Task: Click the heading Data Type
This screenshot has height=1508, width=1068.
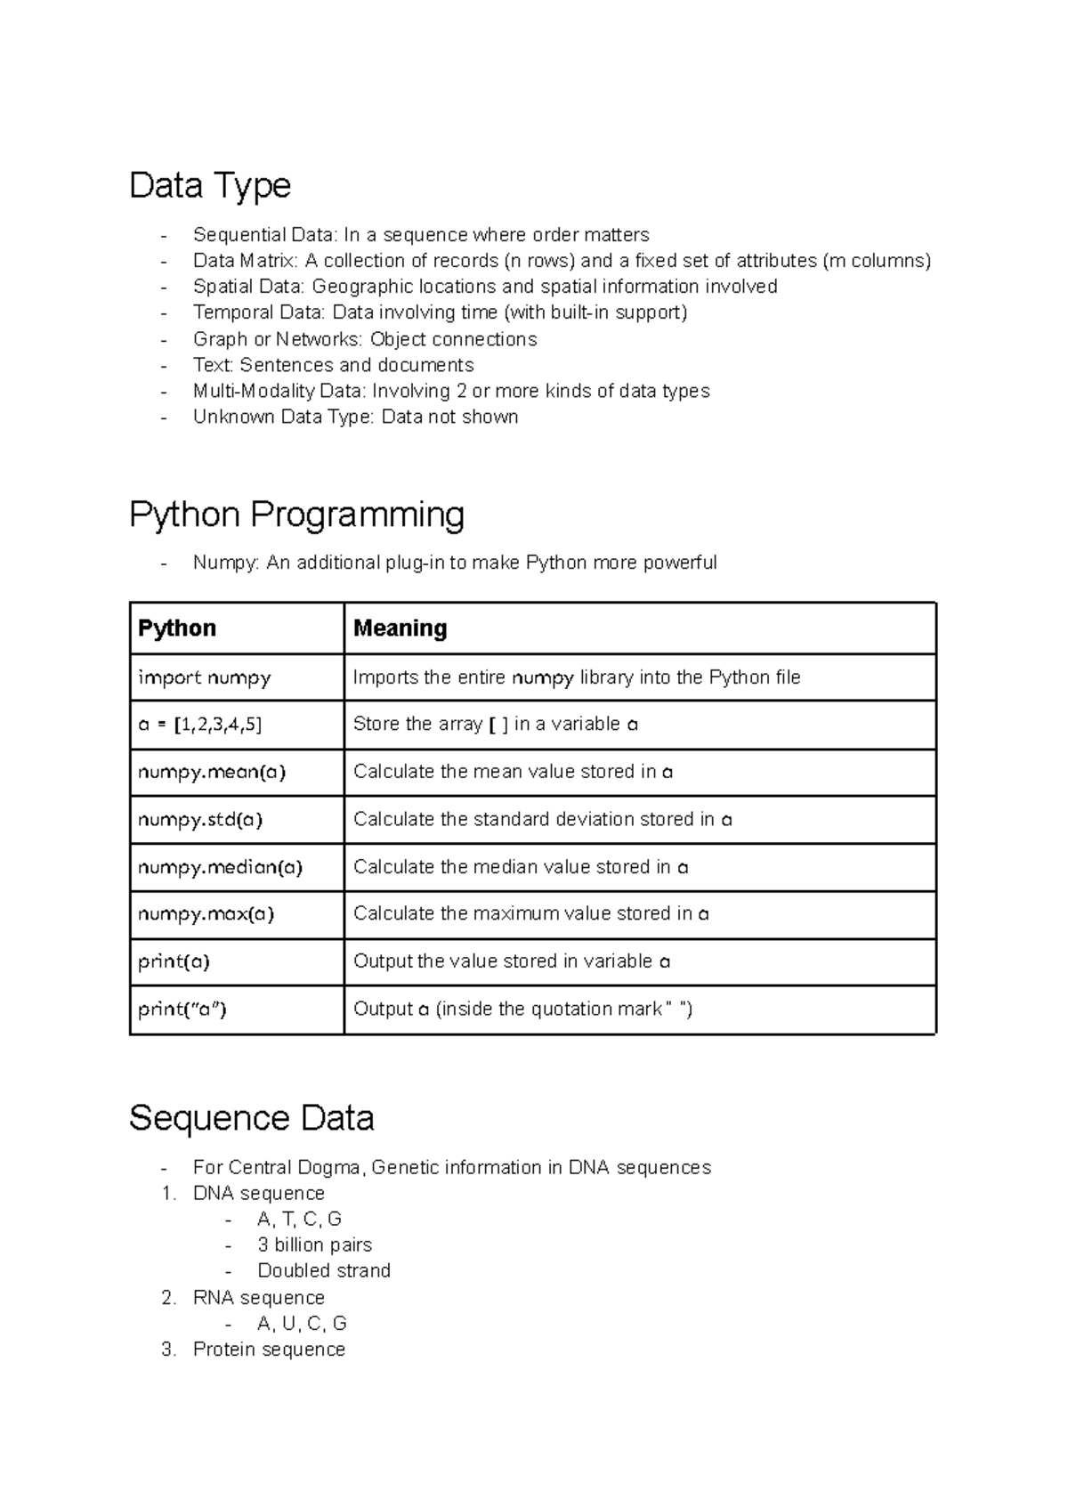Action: pos(210,186)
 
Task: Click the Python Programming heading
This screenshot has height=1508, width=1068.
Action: pos(296,515)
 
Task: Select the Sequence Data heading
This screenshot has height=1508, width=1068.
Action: pos(251,1118)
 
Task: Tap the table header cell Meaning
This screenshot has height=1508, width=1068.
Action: pos(400,628)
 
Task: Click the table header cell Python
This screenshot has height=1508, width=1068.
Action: pos(177,628)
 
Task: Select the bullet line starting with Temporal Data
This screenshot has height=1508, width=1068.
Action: pos(440,312)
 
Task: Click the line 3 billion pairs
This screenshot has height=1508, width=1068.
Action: pos(314,1245)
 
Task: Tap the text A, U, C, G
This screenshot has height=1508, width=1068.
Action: pos(302,1323)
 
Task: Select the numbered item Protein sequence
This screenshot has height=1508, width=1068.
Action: pos(269,1350)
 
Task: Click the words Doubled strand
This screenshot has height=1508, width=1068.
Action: pos(324,1270)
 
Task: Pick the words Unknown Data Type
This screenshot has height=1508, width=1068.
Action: pos(282,417)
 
